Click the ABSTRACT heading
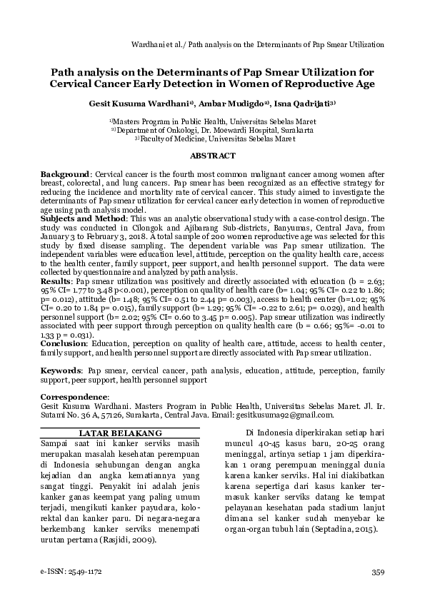(x=212, y=156)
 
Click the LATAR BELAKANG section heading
(x=120, y=433)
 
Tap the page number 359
(x=378, y=572)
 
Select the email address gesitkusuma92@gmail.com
(x=289, y=415)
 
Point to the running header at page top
(x=259, y=44)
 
